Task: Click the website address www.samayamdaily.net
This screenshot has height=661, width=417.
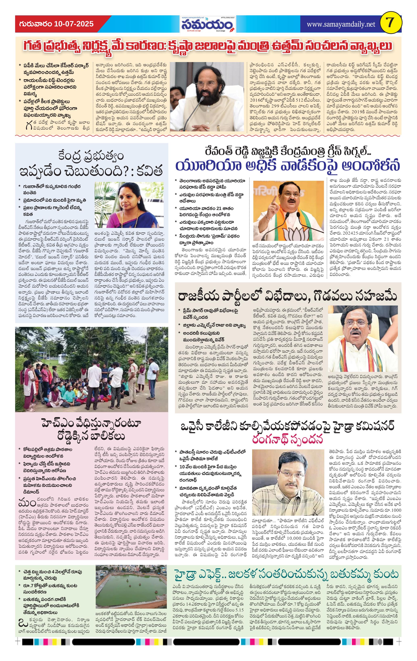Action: [x=341, y=24]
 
